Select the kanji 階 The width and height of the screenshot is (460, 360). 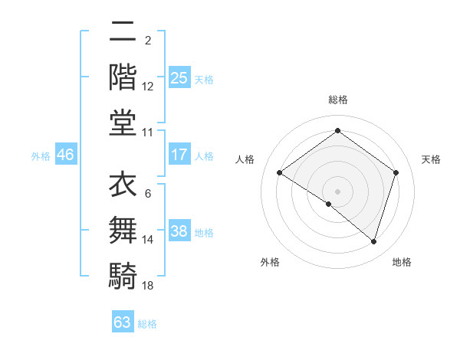123,77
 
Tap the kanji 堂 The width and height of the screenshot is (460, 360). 123,123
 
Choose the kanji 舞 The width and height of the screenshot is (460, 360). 123,231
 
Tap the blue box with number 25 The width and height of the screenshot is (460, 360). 179,77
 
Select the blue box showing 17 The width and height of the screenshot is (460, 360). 179,155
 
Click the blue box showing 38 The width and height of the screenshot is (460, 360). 179,231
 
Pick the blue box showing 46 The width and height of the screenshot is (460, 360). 65,155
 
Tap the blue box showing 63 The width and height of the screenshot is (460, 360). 123,322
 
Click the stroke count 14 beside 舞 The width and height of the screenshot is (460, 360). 148,240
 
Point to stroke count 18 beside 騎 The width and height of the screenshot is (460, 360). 148,286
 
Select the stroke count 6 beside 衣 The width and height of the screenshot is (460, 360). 147,194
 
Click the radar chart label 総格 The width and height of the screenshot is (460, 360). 337,100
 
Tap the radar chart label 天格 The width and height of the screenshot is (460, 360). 431,159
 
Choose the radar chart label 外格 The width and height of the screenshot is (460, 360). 270,262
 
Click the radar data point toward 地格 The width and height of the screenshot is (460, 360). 373,241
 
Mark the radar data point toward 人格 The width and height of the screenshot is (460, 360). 280,172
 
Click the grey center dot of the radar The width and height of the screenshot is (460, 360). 337,190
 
